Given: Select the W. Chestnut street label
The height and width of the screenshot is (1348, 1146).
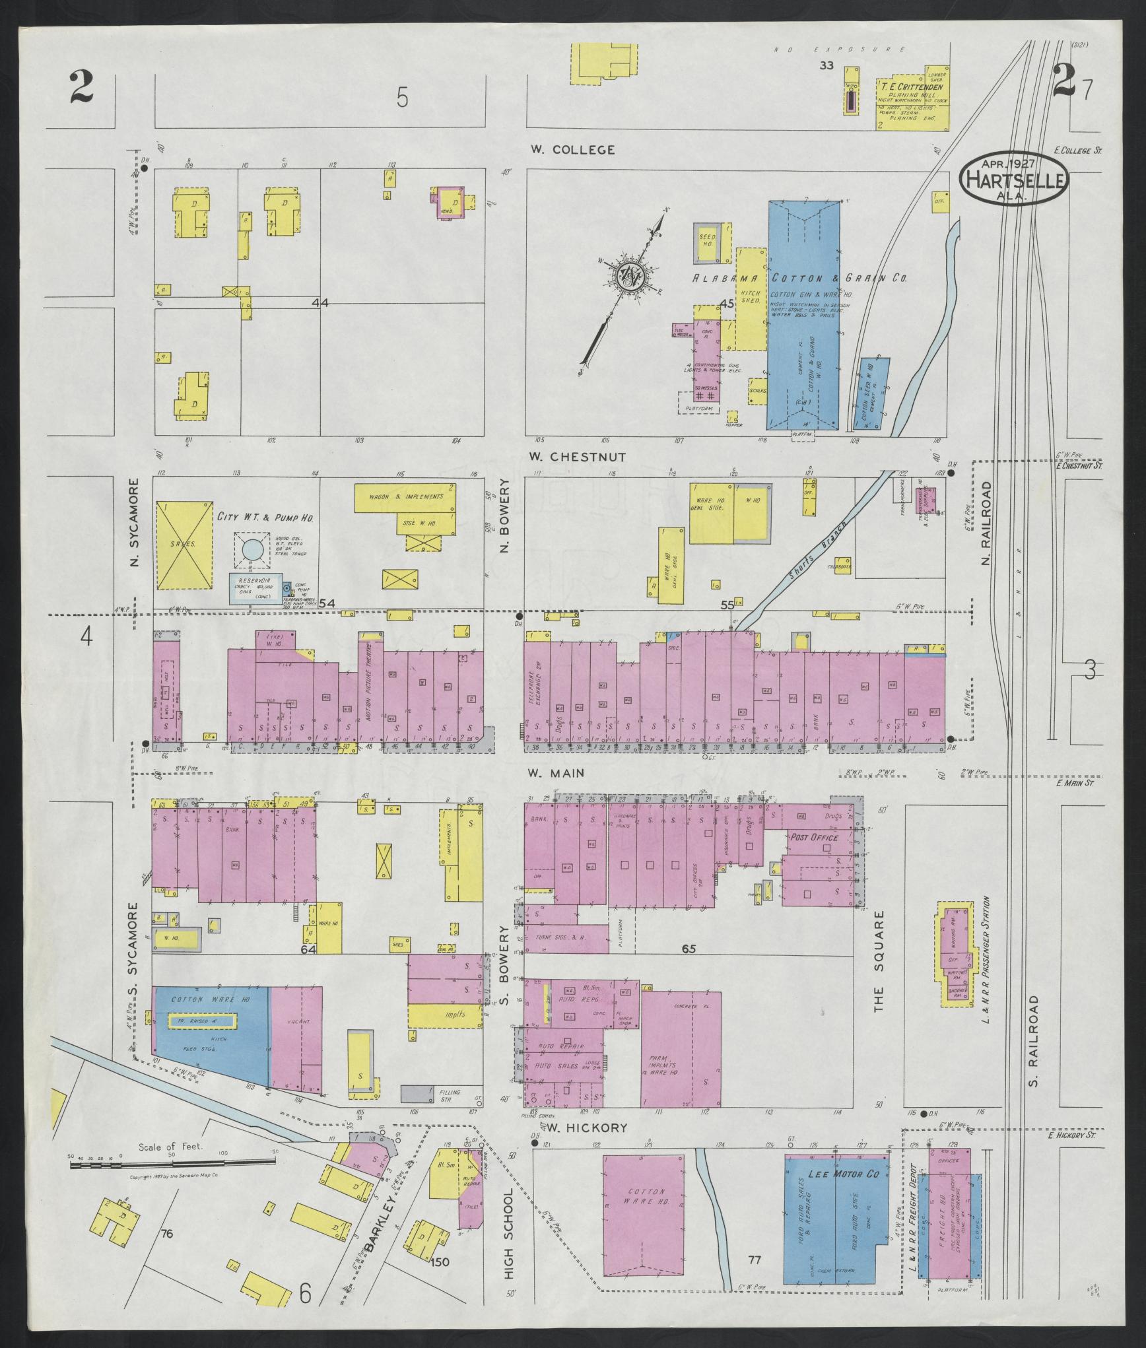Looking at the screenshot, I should pos(578,457).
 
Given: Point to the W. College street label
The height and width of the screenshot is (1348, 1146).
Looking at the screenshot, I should pos(572,150).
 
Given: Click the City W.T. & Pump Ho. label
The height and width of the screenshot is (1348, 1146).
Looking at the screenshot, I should pos(265,517).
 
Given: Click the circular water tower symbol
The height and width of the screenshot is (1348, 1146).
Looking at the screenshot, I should pos(252,549).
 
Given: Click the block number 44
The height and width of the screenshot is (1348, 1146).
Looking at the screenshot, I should pos(321,303).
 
